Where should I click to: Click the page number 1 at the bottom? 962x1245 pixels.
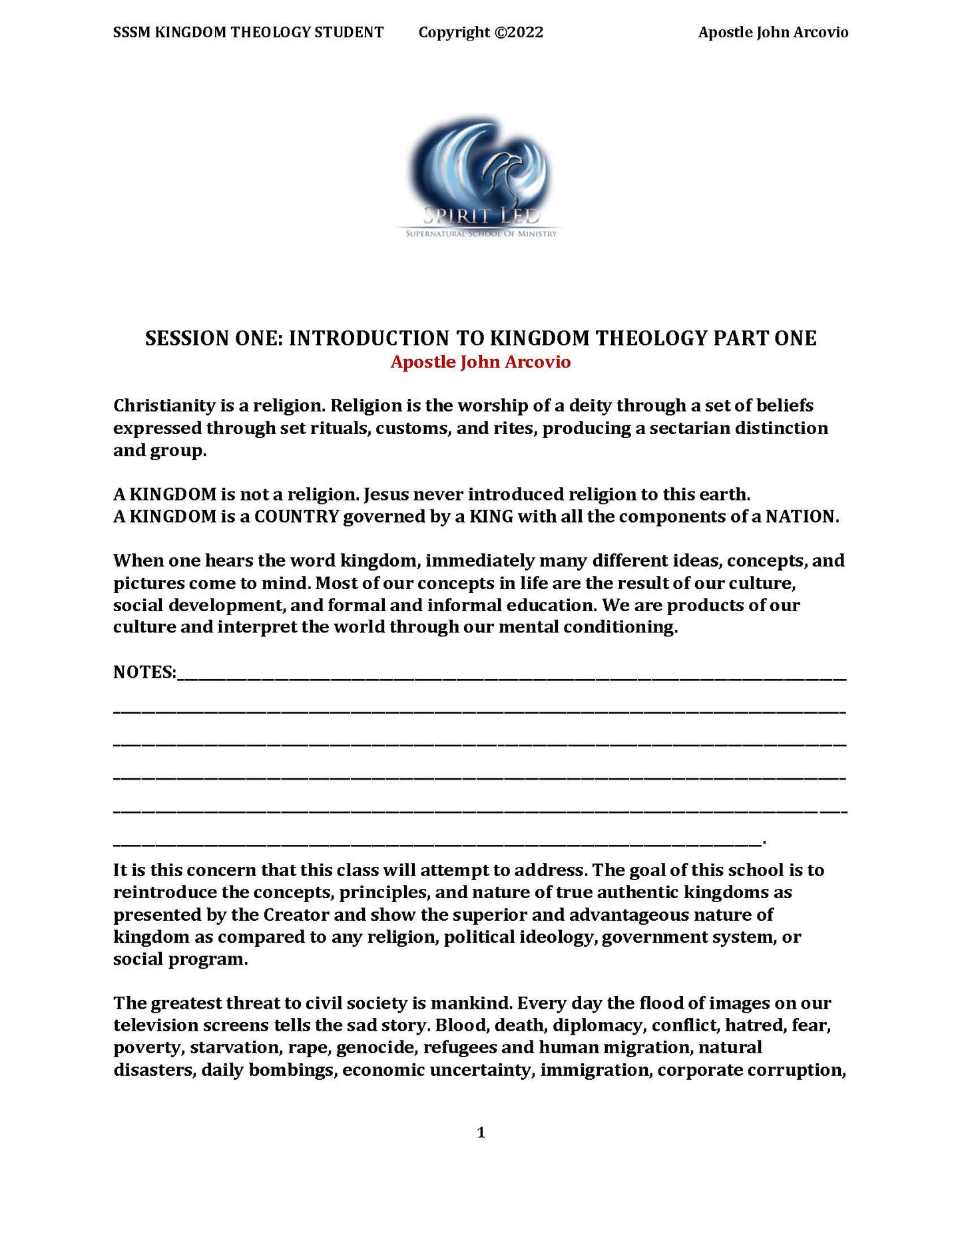point(481,1132)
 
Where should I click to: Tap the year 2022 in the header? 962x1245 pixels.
point(527,33)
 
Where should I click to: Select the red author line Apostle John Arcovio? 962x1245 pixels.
point(480,362)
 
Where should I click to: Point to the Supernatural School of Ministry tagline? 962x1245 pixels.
point(481,234)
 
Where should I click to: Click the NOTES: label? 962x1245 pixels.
point(144,672)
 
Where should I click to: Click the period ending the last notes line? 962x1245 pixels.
point(764,842)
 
